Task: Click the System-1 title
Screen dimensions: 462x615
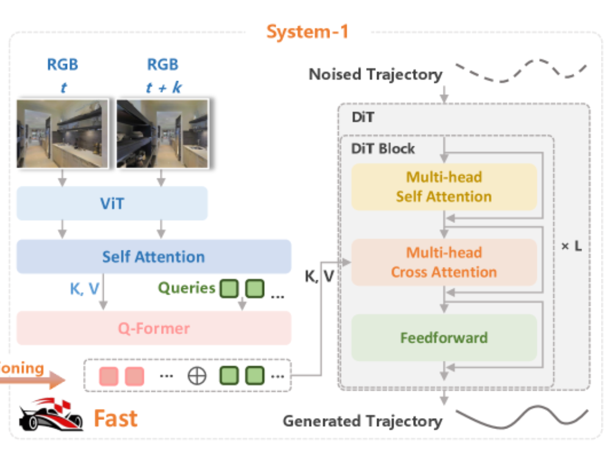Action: click(307, 31)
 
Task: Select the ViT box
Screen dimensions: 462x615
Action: click(112, 203)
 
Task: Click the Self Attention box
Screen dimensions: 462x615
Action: click(154, 256)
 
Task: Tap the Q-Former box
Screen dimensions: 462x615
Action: click(154, 329)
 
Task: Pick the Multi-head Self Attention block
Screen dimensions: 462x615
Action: click(444, 187)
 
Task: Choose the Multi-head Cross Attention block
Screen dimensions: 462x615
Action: click(444, 262)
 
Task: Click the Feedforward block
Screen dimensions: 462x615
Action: click(444, 337)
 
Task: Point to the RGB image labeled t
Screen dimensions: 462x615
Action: click(62, 133)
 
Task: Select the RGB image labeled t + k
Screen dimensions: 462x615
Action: click(163, 133)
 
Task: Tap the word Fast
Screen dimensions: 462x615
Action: click(115, 419)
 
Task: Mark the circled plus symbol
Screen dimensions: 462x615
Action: click(196, 376)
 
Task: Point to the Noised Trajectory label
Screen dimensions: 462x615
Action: click(375, 75)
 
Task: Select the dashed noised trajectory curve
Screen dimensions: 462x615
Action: click(521, 70)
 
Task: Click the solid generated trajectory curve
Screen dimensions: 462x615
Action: click(522, 419)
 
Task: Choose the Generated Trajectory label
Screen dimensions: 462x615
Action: click(362, 421)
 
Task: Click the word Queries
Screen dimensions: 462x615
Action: click(187, 288)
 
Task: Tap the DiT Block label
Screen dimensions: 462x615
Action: click(383, 148)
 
